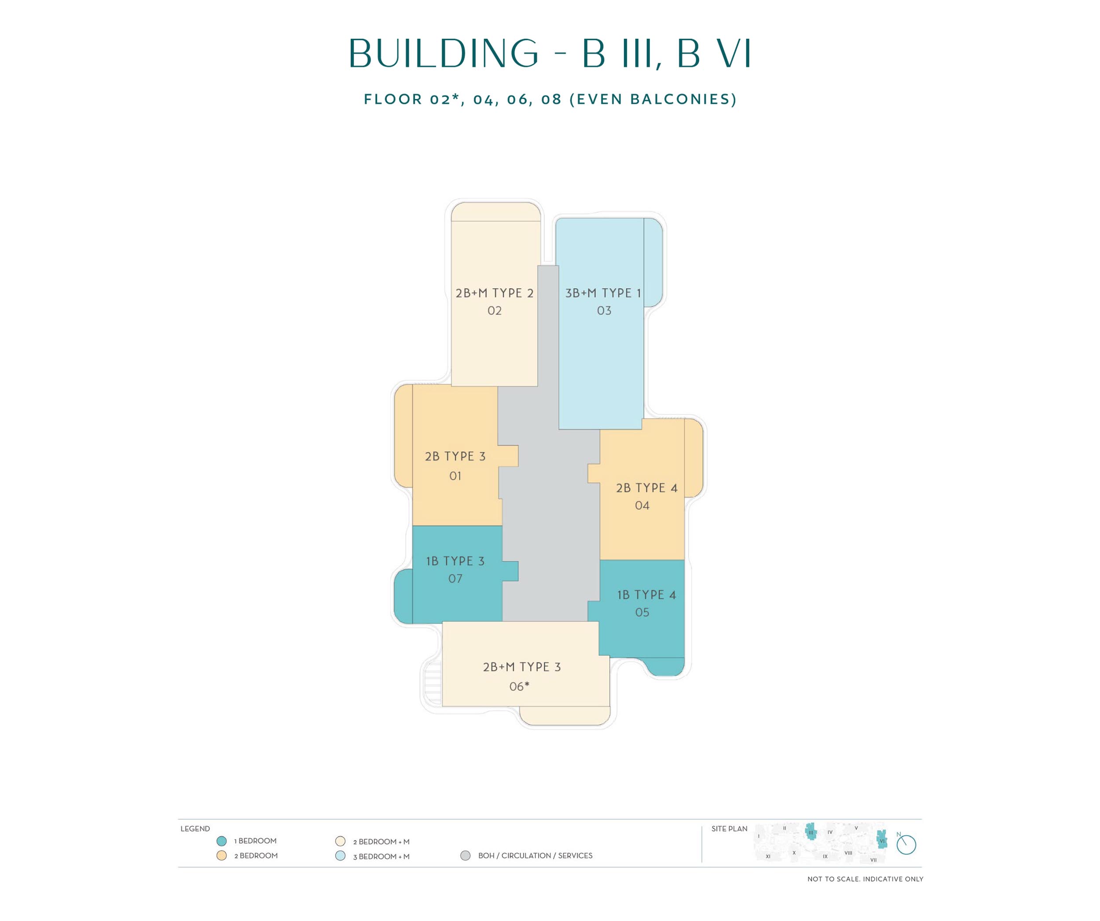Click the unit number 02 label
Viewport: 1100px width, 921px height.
click(x=495, y=311)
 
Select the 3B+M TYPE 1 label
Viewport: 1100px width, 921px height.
click(x=603, y=293)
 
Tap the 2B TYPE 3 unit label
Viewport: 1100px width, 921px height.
click(x=455, y=456)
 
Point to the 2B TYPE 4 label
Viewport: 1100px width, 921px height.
click(x=646, y=488)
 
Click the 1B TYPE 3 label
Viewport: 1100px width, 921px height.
click(x=455, y=561)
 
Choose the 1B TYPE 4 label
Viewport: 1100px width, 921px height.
click(x=646, y=594)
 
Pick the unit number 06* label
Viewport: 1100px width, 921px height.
click(x=519, y=686)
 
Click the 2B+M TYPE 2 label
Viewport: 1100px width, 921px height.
click(x=495, y=293)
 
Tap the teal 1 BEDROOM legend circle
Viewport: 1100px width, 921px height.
click(x=222, y=841)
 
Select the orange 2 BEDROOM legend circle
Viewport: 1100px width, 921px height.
click(x=222, y=856)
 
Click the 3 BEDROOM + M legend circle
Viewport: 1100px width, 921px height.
click(x=341, y=856)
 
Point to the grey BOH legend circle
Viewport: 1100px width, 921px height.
click(x=465, y=856)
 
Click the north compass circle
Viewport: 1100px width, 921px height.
click(x=906, y=845)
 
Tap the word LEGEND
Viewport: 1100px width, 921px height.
click(x=195, y=829)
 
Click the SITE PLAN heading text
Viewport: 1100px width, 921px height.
click(x=729, y=829)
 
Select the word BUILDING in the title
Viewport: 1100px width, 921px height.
click(x=444, y=53)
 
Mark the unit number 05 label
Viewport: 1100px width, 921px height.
click(x=642, y=613)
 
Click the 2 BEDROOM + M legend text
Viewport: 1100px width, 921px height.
click(x=381, y=842)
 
